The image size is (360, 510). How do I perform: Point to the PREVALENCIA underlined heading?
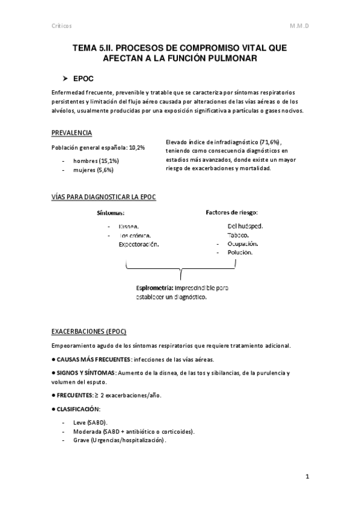pyautogui.click(x=72, y=133)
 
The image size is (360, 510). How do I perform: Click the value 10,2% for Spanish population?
pyautogui.click(x=137, y=148)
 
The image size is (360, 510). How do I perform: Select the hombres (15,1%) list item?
pyautogui.click(x=96, y=161)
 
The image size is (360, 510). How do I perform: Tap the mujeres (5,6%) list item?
pyautogui.click(x=93, y=170)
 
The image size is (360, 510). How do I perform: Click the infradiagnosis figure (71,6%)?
pyautogui.click(x=264, y=141)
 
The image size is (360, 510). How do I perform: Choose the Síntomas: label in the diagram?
pyautogui.click(x=111, y=213)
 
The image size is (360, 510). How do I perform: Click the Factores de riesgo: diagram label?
pyautogui.click(x=231, y=212)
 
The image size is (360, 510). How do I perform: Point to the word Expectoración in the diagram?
pyautogui.click(x=139, y=244)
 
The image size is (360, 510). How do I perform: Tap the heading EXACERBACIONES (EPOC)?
pyautogui.click(x=88, y=331)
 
